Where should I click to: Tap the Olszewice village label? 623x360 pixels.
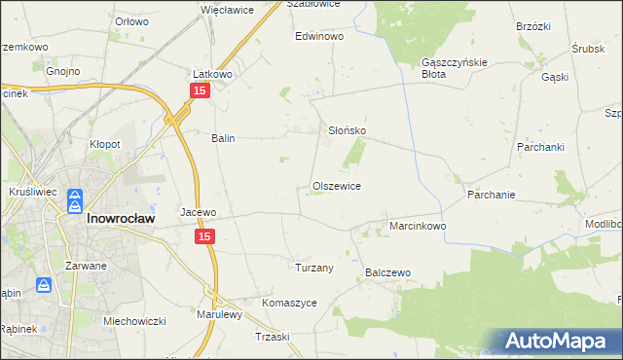337,185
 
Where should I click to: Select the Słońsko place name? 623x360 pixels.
346,129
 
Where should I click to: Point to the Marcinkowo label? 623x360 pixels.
418,226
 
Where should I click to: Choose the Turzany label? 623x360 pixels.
314,267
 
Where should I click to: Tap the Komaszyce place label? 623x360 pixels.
289,303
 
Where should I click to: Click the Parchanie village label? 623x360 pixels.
491,195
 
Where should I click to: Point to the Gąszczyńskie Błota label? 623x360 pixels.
447,67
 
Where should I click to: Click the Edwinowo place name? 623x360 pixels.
320,36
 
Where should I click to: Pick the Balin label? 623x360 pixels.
224,138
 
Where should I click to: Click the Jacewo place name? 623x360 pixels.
198,211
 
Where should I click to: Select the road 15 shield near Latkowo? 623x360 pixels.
199,90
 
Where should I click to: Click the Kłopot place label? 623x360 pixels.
105,144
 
